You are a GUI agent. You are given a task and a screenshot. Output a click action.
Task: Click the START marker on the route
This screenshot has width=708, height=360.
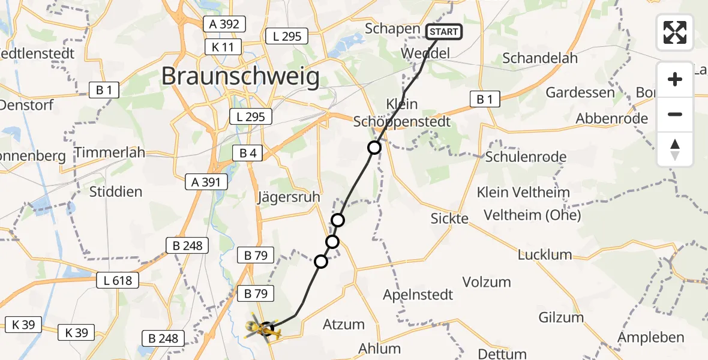pos(444,32)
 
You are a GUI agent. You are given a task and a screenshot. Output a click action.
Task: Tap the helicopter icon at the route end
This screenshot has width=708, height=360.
pos(262,328)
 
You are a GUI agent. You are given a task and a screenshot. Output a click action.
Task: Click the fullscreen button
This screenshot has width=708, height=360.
pos(675,32)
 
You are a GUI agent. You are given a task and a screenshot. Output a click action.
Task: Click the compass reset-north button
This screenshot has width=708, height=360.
pos(675,149)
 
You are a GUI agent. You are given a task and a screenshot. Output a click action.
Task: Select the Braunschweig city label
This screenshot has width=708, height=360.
pos(240,77)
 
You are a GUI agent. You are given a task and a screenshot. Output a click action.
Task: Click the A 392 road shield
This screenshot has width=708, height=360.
pos(224,24)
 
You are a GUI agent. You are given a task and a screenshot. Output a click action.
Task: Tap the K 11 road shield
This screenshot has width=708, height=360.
pos(223,47)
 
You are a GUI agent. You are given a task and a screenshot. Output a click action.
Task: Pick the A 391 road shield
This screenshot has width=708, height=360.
pos(206,182)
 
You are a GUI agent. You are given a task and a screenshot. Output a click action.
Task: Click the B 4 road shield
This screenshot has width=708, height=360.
pos(248,154)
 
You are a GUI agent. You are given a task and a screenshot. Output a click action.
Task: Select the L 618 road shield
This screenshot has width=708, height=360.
pos(118,280)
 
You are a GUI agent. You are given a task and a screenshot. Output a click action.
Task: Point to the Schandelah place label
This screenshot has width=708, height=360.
pos(540,58)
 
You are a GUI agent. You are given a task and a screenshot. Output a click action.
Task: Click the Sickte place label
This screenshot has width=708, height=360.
pos(449,218)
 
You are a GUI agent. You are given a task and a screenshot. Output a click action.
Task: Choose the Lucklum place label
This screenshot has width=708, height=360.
pos(545,254)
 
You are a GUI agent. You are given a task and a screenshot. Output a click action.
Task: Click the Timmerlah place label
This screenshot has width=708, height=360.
pos(110,152)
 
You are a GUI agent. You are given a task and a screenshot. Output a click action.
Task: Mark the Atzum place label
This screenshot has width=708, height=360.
pos(344,325)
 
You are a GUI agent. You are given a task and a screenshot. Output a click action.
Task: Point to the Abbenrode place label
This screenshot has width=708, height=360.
pos(611,118)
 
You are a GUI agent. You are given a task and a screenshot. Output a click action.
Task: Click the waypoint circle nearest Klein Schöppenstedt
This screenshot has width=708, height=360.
pos(374,148)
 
